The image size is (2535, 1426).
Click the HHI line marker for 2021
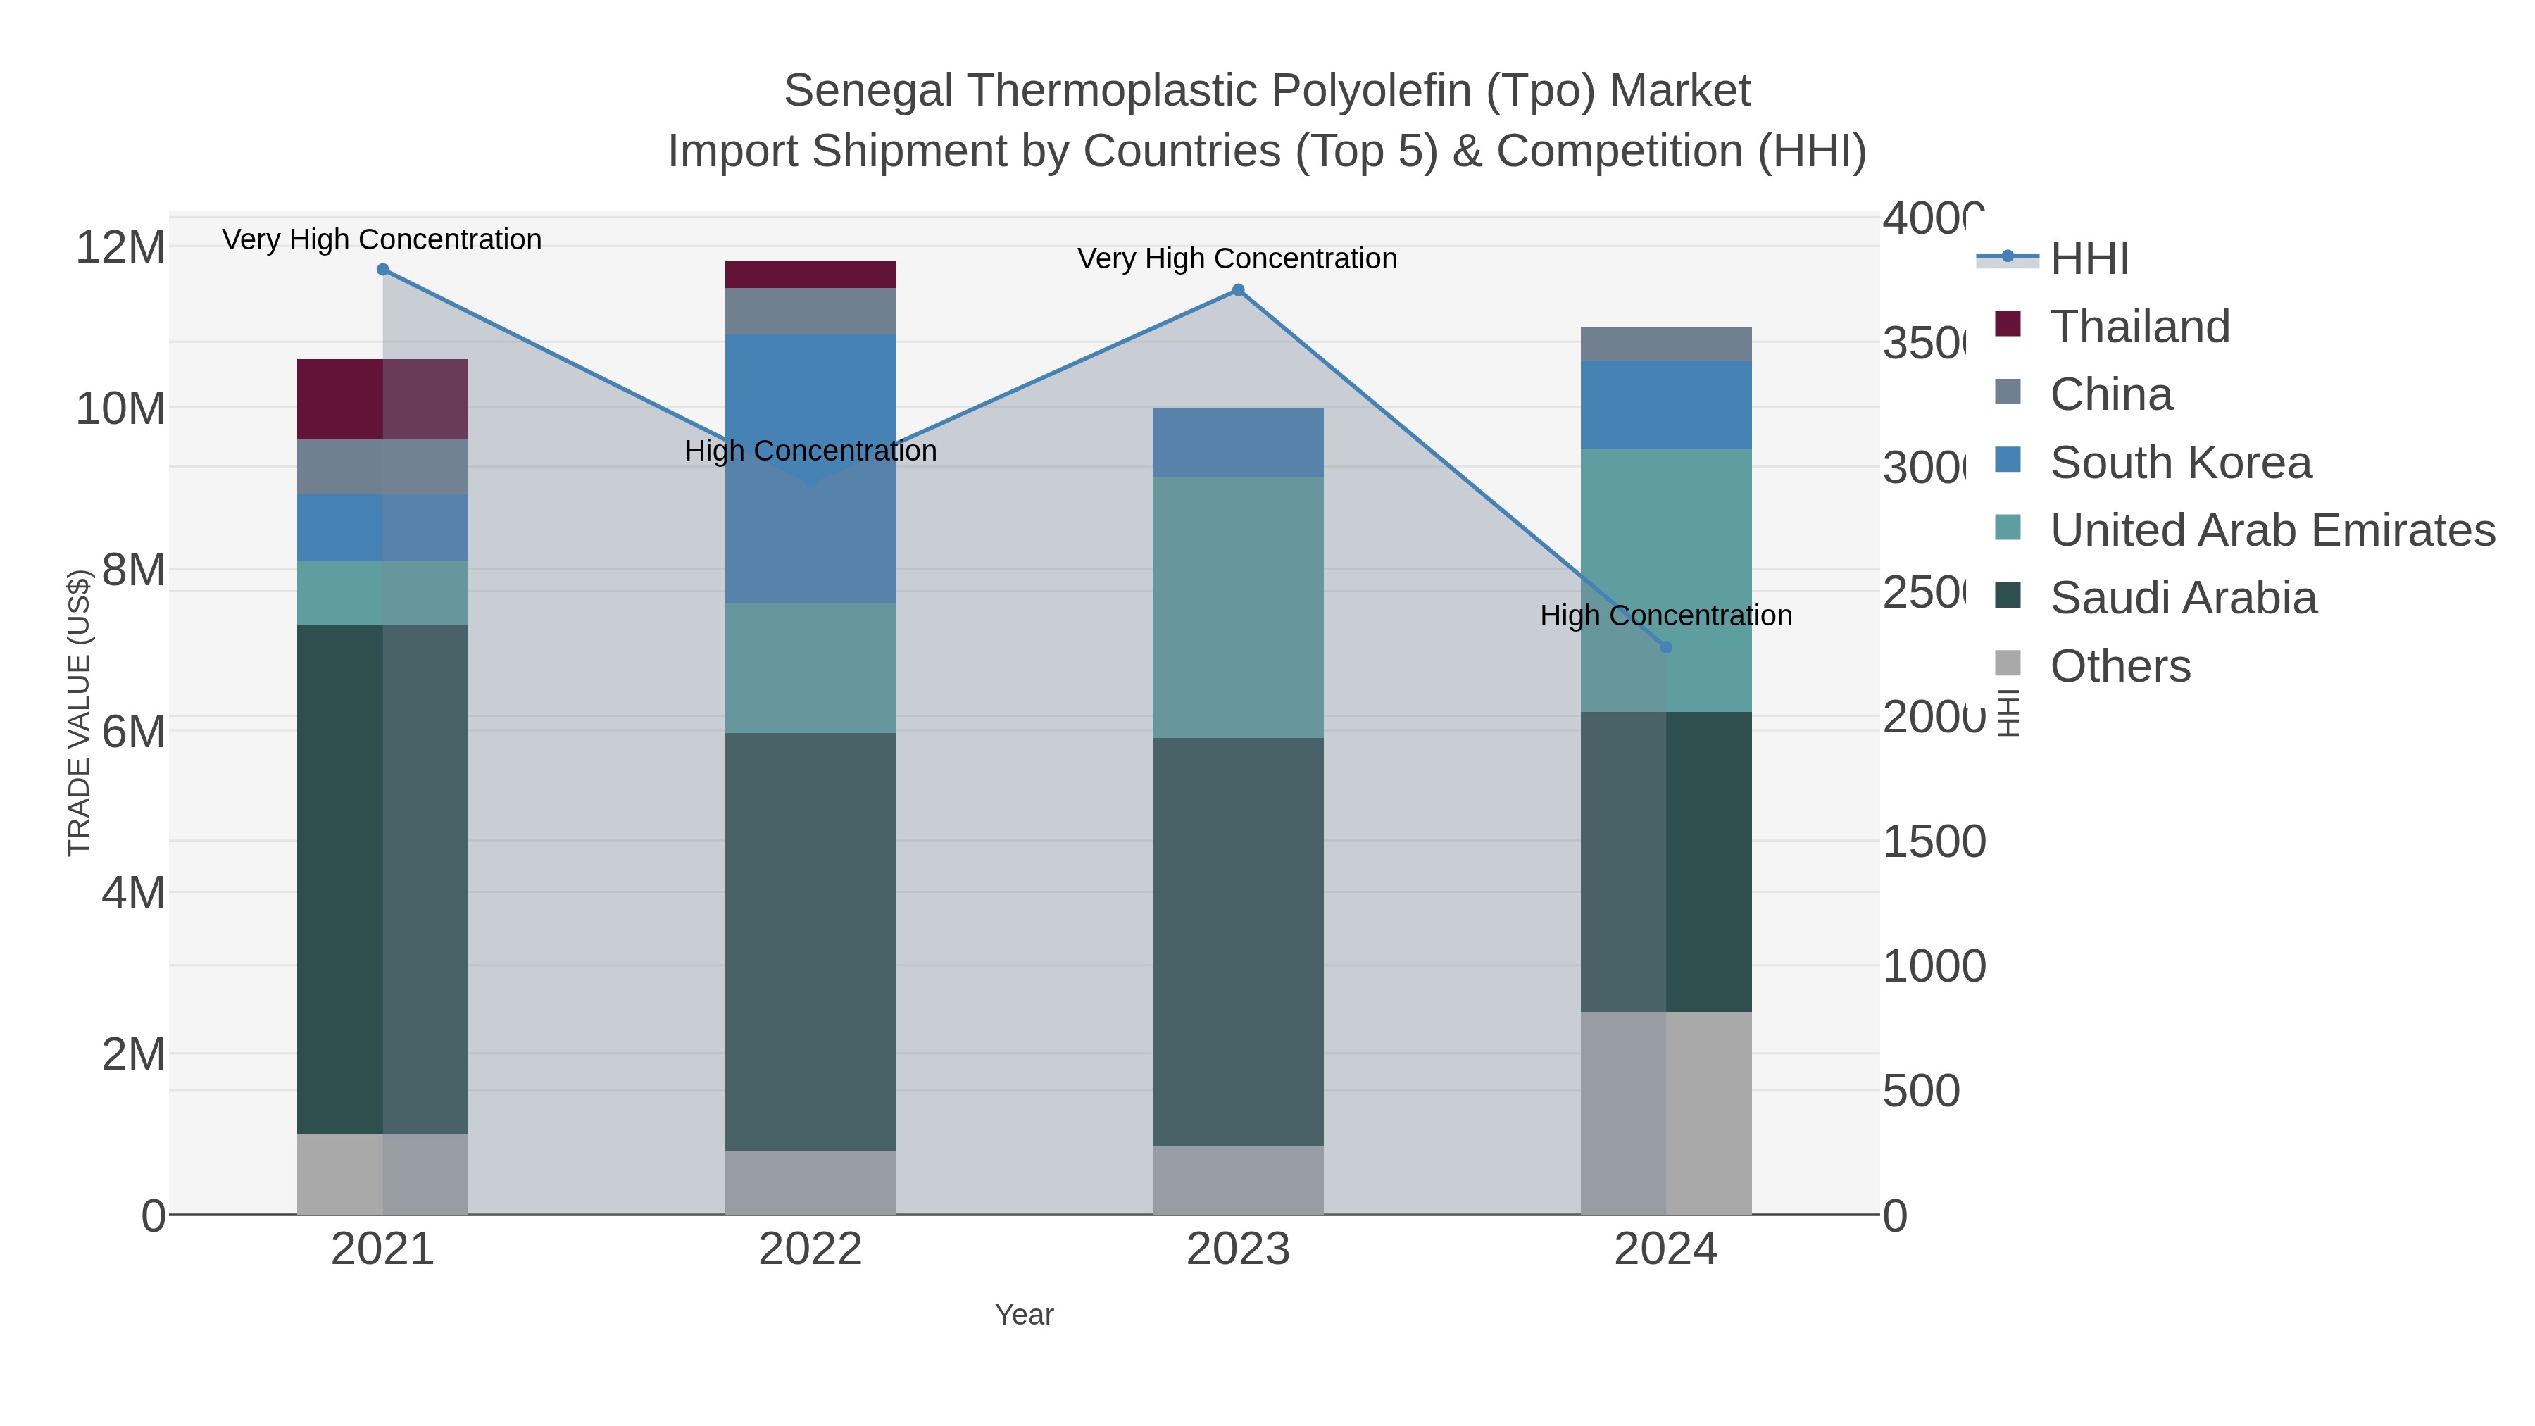tap(383, 270)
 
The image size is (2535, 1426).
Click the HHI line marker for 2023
tap(1238, 290)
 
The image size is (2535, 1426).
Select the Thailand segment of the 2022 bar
tap(810, 275)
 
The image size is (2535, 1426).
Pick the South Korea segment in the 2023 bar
tap(1238, 443)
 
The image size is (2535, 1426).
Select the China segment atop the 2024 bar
tap(1666, 344)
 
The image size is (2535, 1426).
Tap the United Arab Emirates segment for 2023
tap(1238, 607)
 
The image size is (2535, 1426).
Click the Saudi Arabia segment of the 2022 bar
tap(810, 941)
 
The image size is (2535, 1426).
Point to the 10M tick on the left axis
tap(120, 408)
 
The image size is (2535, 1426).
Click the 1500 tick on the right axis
tap(1934, 842)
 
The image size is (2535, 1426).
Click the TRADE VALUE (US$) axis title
tap(79, 713)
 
